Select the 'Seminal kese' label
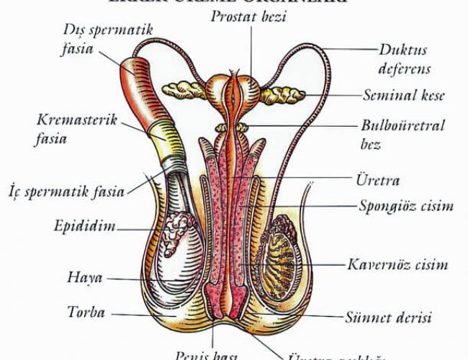pyautogui.click(x=403, y=95)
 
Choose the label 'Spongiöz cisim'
pyautogui.click(x=406, y=206)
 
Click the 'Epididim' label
pyautogui.click(x=84, y=227)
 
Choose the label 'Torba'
pyautogui.click(x=86, y=312)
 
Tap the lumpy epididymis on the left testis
pyautogui.click(x=176, y=232)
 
